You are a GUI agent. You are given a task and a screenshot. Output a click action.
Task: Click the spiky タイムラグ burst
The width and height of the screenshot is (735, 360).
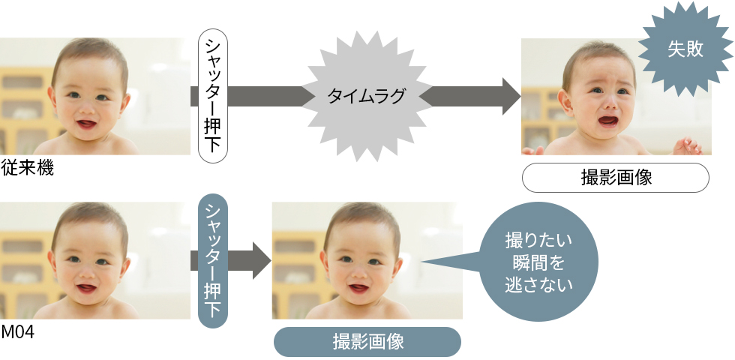[x=367, y=96]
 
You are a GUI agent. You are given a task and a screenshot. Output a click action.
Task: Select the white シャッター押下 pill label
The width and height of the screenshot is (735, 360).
[x=213, y=96]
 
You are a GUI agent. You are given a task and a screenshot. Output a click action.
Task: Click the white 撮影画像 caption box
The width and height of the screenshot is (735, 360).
[x=615, y=178]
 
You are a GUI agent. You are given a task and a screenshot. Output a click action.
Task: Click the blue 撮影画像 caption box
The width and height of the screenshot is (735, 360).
[x=367, y=342]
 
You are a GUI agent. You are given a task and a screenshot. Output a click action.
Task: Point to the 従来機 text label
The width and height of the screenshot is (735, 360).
[x=28, y=168]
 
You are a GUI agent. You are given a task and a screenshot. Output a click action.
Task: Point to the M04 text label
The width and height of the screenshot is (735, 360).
[x=18, y=331]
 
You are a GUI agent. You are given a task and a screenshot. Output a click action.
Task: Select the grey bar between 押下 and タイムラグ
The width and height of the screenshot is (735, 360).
[x=265, y=96]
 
